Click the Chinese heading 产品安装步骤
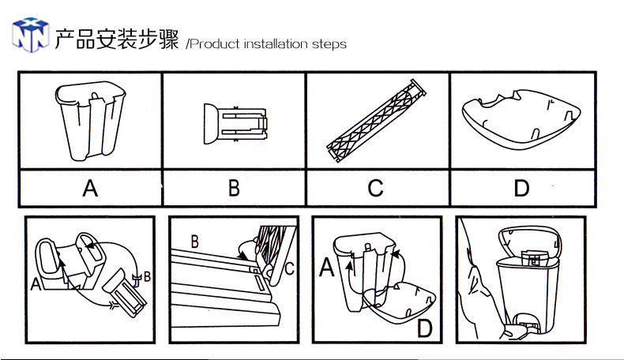click(117, 37)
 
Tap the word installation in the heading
click(278, 44)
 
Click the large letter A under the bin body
click(90, 189)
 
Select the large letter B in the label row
click(234, 189)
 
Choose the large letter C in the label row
click(376, 189)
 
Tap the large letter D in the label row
click(521, 189)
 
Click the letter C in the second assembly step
click(290, 268)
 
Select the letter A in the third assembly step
click(326, 269)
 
